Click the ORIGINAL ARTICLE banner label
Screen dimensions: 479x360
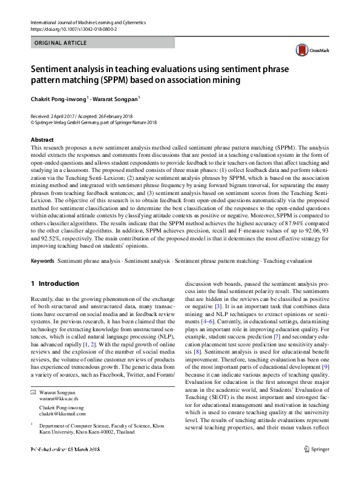click(x=61, y=43)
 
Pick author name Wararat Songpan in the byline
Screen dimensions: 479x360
click(x=117, y=99)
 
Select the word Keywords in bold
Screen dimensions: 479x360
click(x=42, y=260)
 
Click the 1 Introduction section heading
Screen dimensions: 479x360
click(x=54, y=283)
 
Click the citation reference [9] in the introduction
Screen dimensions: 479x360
click(x=326, y=367)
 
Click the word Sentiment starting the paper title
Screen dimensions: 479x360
click(x=53, y=69)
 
